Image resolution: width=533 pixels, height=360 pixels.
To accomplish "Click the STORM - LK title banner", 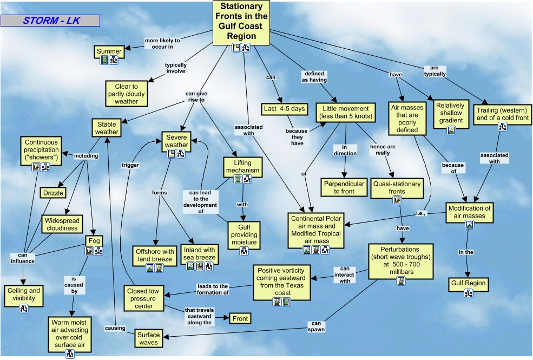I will click(x=50, y=21).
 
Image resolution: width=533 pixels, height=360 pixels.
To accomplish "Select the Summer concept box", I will click(x=109, y=51).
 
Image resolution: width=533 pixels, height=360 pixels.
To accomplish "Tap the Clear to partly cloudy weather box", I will click(x=126, y=94).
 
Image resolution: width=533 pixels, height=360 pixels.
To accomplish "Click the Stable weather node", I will click(x=106, y=128).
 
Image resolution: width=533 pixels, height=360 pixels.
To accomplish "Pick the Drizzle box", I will click(x=52, y=193).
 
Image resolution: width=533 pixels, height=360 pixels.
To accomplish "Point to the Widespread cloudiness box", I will click(x=62, y=225).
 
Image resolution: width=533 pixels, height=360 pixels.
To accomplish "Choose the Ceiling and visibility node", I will click(x=23, y=294).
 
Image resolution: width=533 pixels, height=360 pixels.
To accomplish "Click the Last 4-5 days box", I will click(x=284, y=109).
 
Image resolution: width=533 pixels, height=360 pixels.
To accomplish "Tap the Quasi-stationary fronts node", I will click(x=397, y=187).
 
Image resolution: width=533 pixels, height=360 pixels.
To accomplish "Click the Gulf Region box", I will click(x=468, y=283).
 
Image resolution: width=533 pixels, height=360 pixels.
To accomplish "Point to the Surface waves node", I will click(x=148, y=338).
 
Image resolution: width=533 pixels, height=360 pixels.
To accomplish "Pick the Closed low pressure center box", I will click(x=144, y=298).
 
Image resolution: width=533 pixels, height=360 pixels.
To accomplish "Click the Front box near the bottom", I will click(x=240, y=319).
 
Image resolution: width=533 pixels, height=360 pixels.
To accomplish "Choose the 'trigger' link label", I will click(x=130, y=165).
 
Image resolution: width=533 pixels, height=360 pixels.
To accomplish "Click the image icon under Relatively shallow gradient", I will click(x=451, y=130).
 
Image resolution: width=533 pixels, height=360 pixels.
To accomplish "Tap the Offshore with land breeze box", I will click(x=155, y=256).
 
